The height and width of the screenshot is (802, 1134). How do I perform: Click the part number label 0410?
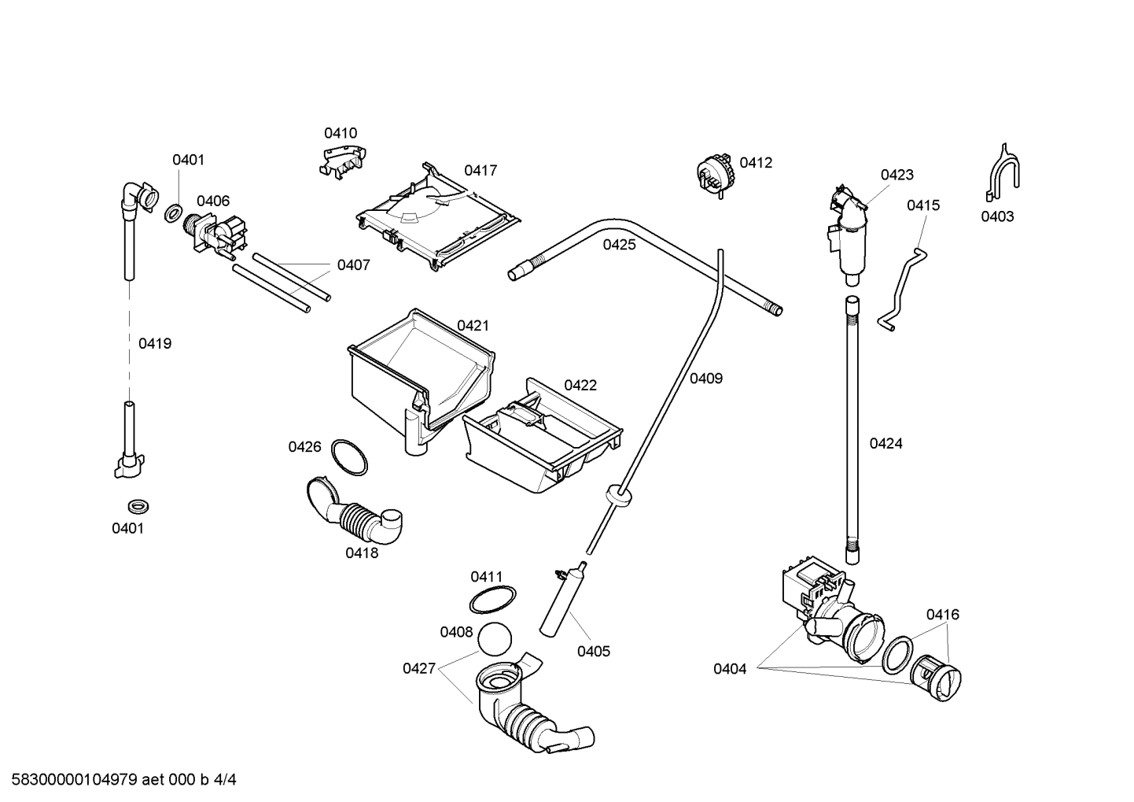coord(341,133)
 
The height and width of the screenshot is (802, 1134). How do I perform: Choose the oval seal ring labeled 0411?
coord(492,600)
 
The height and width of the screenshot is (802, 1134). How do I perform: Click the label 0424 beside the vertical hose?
coord(885,443)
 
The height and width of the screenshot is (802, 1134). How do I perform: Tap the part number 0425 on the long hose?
coord(619,245)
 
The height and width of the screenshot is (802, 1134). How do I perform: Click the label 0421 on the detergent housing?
coord(473,325)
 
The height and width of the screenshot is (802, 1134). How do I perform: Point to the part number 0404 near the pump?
coord(730,669)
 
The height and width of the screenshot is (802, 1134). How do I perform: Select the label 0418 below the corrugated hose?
coord(362,553)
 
